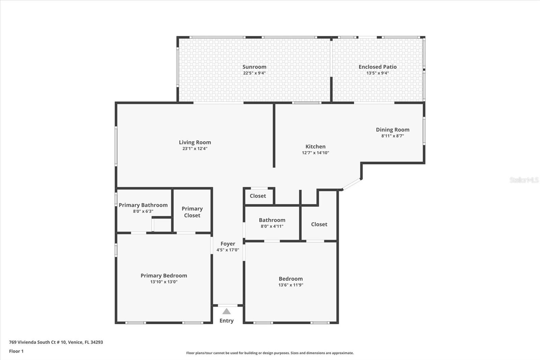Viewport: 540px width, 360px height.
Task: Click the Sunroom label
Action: coord(254,67)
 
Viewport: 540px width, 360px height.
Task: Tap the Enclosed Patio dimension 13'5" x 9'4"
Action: coord(378,73)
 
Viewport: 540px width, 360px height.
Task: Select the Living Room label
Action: coord(195,143)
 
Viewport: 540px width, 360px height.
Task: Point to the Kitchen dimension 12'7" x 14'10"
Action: coord(315,153)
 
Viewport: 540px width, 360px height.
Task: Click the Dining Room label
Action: coord(393,130)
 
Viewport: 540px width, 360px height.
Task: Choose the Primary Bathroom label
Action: coord(143,205)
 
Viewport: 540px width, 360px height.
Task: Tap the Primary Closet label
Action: coord(192,212)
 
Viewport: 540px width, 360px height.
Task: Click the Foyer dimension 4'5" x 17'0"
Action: coord(228,250)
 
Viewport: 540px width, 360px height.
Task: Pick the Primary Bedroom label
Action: coord(164,276)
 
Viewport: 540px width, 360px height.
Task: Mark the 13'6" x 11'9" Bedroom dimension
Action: coord(291,285)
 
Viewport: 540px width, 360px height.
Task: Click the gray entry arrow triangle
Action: coord(226,311)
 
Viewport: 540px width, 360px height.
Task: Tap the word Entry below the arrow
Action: coord(226,321)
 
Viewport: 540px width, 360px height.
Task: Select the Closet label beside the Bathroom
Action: coord(319,224)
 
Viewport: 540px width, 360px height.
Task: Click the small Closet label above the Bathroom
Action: coord(258,196)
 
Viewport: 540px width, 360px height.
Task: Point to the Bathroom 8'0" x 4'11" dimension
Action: coord(272,226)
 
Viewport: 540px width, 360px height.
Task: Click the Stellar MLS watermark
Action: coord(524,180)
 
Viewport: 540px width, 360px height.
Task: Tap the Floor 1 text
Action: coord(16,351)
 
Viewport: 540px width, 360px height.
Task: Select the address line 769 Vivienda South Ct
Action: coord(56,342)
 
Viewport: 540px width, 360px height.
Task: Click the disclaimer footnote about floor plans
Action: coord(270,353)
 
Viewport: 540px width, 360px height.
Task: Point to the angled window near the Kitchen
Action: coord(352,184)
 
